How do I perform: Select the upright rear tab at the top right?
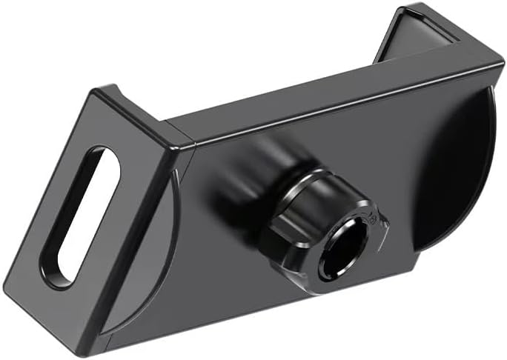419,33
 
